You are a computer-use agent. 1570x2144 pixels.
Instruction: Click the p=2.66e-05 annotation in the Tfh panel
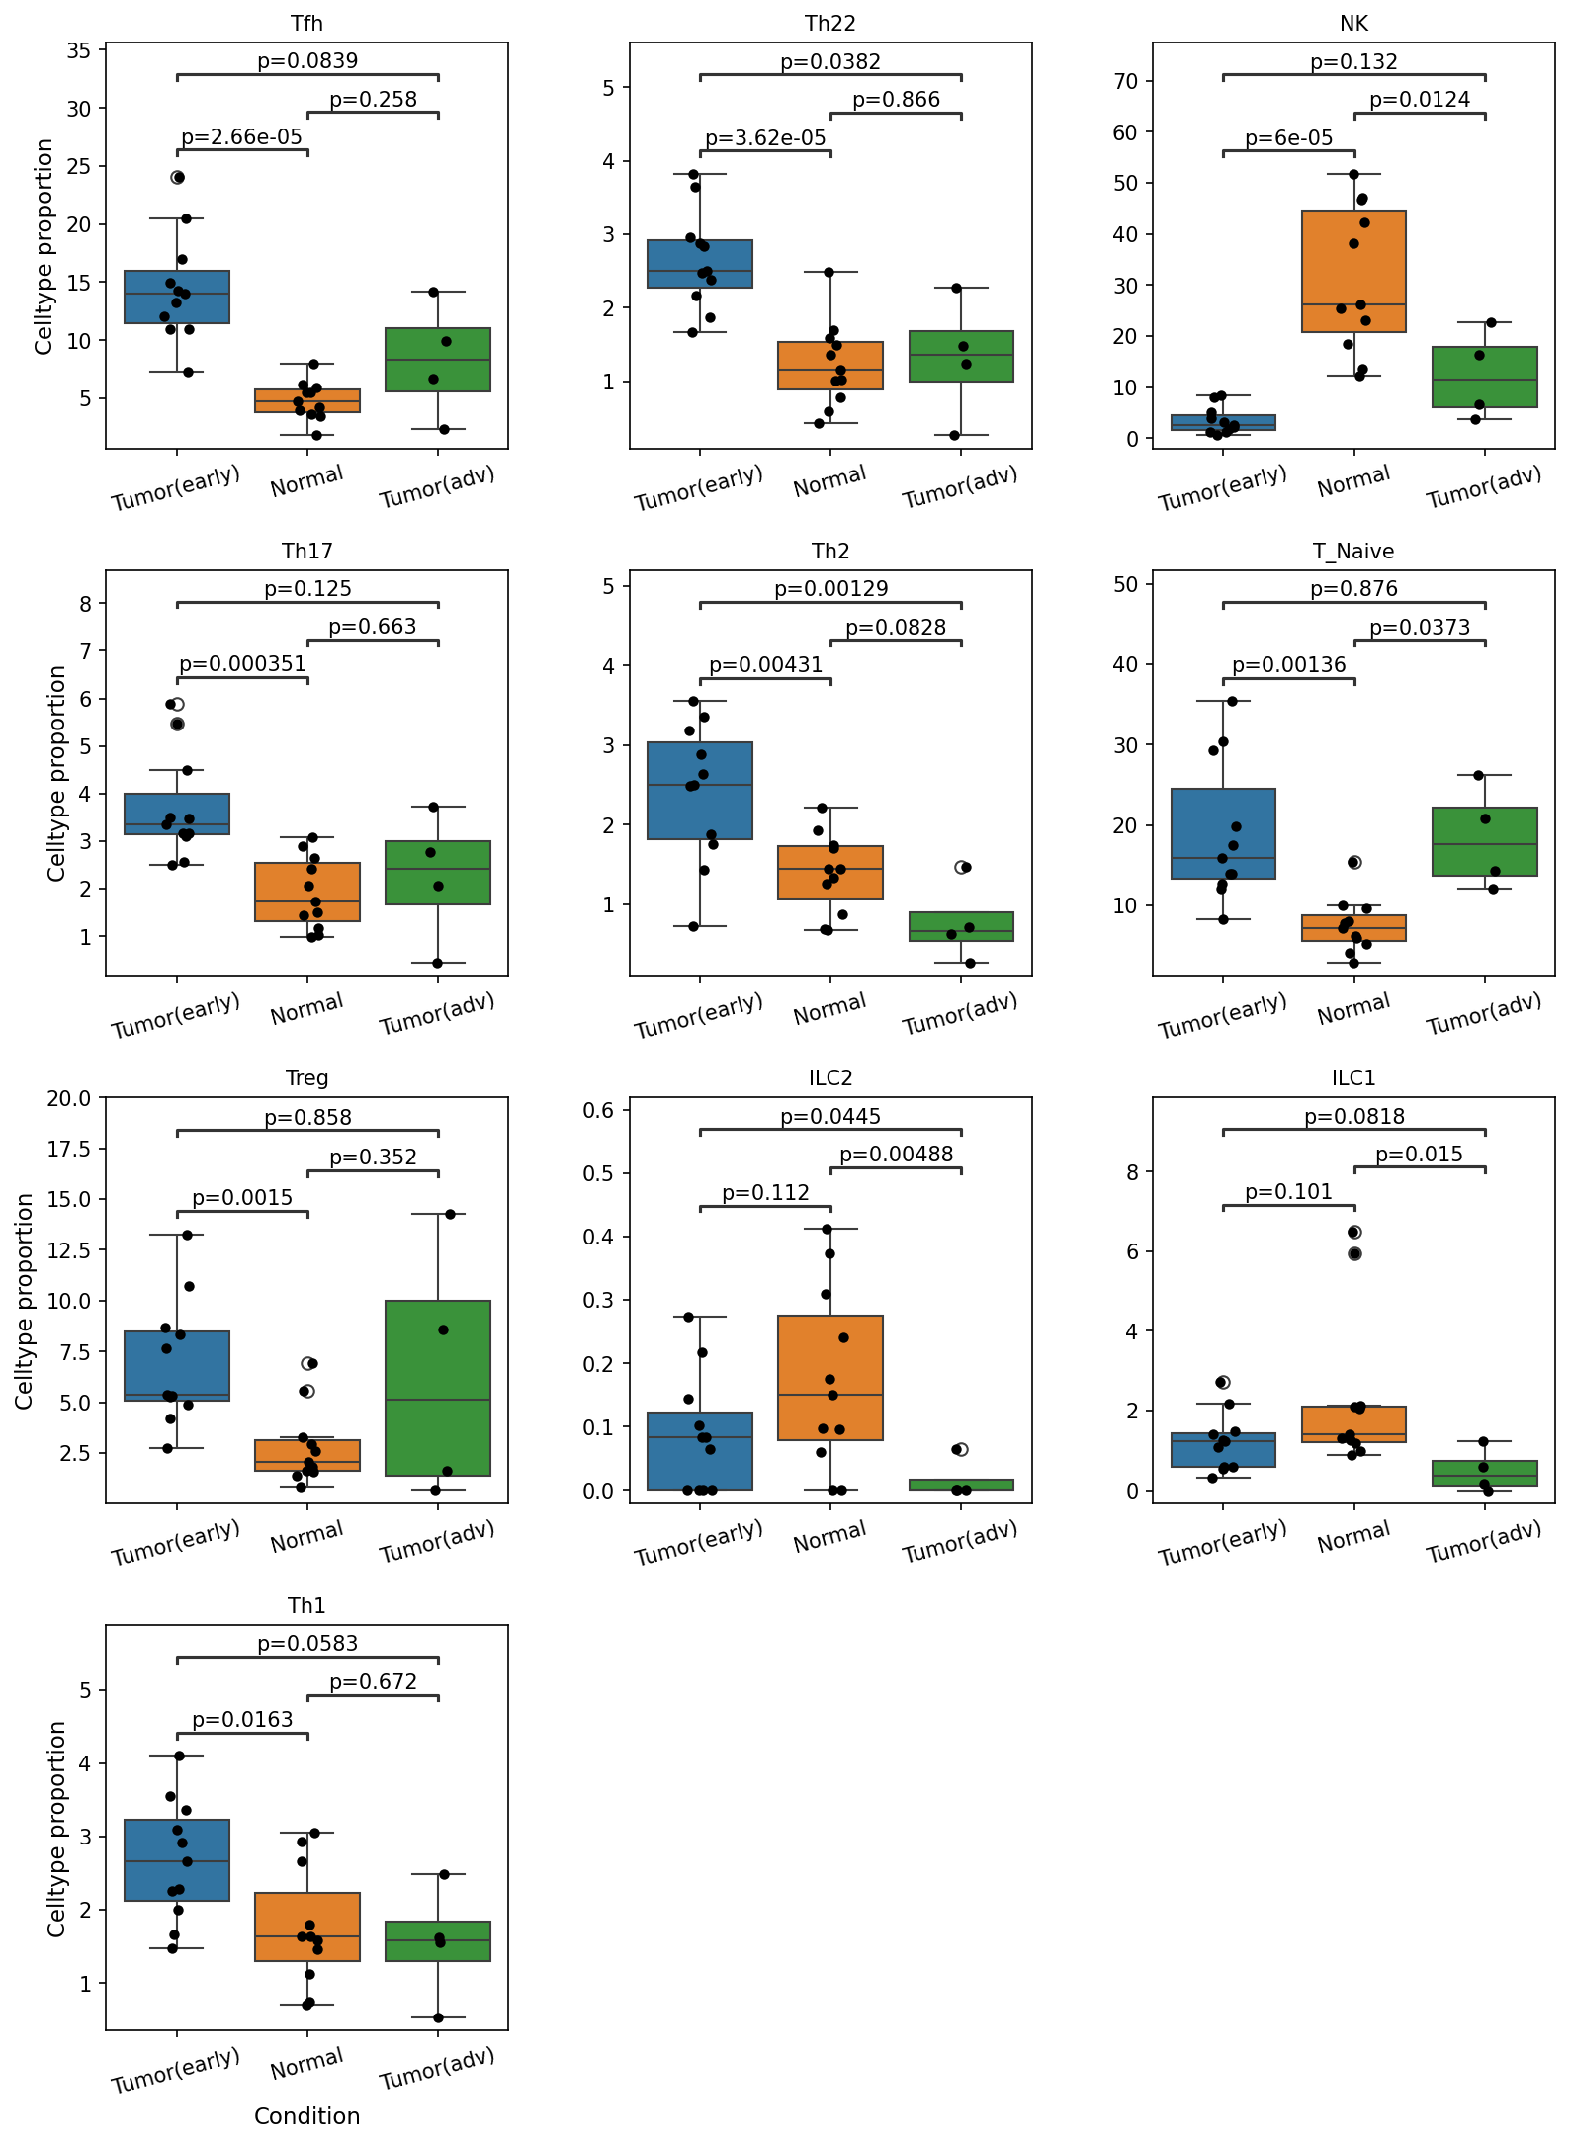pyautogui.click(x=242, y=137)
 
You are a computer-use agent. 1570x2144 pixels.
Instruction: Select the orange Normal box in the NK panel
pyautogui.click(x=1353, y=272)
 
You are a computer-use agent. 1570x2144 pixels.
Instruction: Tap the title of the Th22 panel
pyautogui.click(x=830, y=23)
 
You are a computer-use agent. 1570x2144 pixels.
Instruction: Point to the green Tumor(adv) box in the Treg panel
pyautogui.click(x=438, y=1388)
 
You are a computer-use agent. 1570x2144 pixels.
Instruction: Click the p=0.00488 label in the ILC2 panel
pyautogui.click(x=896, y=1155)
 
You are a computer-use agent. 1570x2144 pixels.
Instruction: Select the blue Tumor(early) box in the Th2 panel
pyautogui.click(x=700, y=791)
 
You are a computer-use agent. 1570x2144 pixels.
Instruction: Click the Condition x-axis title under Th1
pyautogui.click(x=307, y=2116)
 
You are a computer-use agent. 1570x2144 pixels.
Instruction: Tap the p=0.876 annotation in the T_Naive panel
pyautogui.click(x=1353, y=589)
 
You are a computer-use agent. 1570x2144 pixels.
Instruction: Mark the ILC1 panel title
pyautogui.click(x=1353, y=1077)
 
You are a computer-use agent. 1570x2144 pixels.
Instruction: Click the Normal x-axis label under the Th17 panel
pyautogui.click(x=307, y=1009)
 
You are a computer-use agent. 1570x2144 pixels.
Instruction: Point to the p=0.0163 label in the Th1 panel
pyautogui.click(x=242, y=1720)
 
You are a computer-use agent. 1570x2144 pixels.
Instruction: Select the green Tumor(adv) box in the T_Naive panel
pyautogui.click(x=1485, y=841)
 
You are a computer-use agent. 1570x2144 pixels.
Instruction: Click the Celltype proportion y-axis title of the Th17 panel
pyautogui.click(x=56, y=774)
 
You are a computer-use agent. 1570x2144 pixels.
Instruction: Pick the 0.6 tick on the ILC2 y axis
pyautogui.click(x=599, y=1110)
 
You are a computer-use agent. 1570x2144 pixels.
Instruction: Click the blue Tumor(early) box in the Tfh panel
pyautogui.click(x=177, y=297)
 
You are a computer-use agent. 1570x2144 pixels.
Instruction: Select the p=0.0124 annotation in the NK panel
pyautogui.click(x=1420, y=100)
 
